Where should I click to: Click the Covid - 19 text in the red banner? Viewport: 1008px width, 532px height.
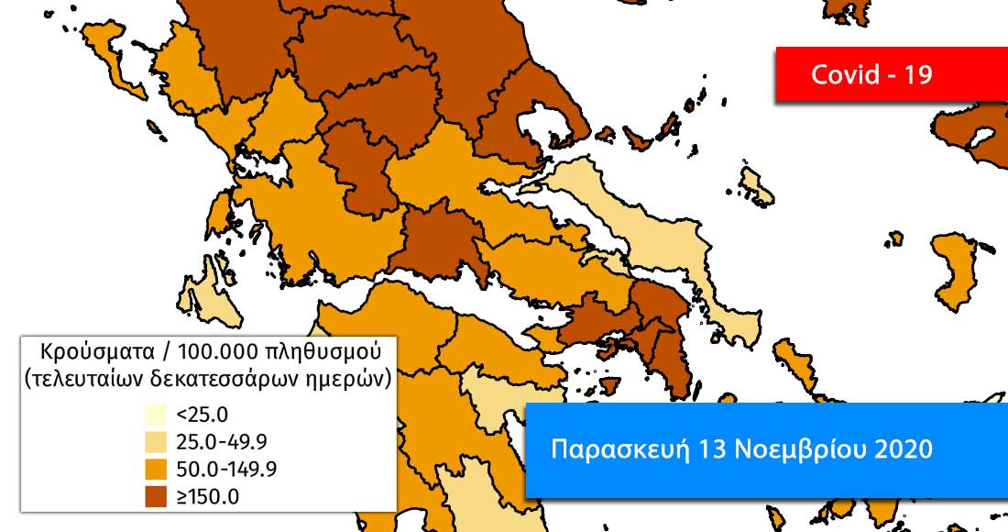[871, 74]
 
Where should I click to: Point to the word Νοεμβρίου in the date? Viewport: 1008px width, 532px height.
[788, 449]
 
